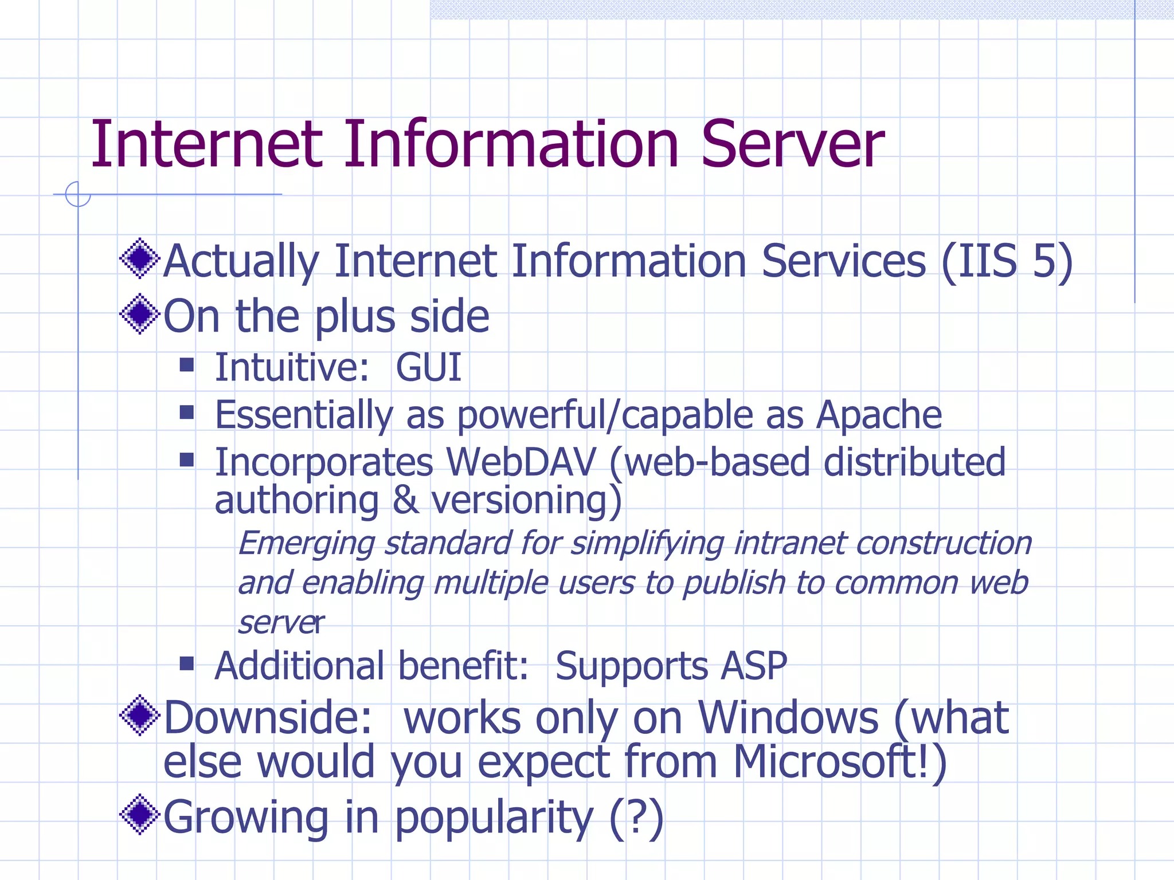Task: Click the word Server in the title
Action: click(x=792, y=144)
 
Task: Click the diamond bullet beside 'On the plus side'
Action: click(x=139, y=314)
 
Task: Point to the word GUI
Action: click(x=428, y=367)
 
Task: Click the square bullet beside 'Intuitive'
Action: click(x=187, y=365)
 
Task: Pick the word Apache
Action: click(x=879, y=415)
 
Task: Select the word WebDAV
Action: click(x=521, y=462)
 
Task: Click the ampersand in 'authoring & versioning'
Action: click(x=405, y=500)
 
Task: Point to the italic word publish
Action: click(x=734, y=583)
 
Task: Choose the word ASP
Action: click(x=754, y=666)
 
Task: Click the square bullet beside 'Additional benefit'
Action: click(x=187, y=663)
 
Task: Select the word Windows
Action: click(x=788, y=718)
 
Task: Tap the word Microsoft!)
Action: click(x=840, y=763)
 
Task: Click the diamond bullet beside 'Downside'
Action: click(x=139, y=715)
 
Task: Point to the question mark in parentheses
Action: click(x=636, y=818)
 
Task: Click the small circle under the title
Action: click(x=78, y=194)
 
